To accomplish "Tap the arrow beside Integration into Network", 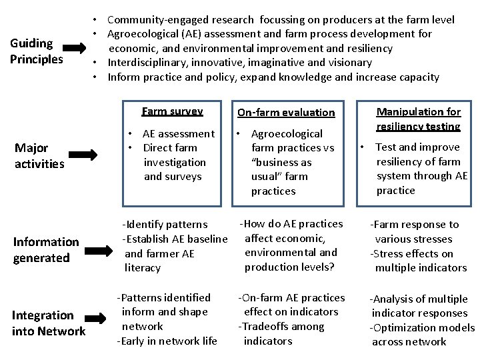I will (99, 323).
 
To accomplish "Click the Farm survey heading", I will (172, 111).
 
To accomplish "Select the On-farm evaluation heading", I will (286, 113).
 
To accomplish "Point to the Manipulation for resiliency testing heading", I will (419, 119).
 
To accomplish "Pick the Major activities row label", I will (39, 155).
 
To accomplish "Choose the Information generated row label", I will (45, 249).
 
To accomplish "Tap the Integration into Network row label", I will (48, 323).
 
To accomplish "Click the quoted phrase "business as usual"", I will (283, 169).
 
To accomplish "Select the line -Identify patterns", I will (165, 225).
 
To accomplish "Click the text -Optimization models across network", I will (421, 335).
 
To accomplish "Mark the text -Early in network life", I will (167, 341).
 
